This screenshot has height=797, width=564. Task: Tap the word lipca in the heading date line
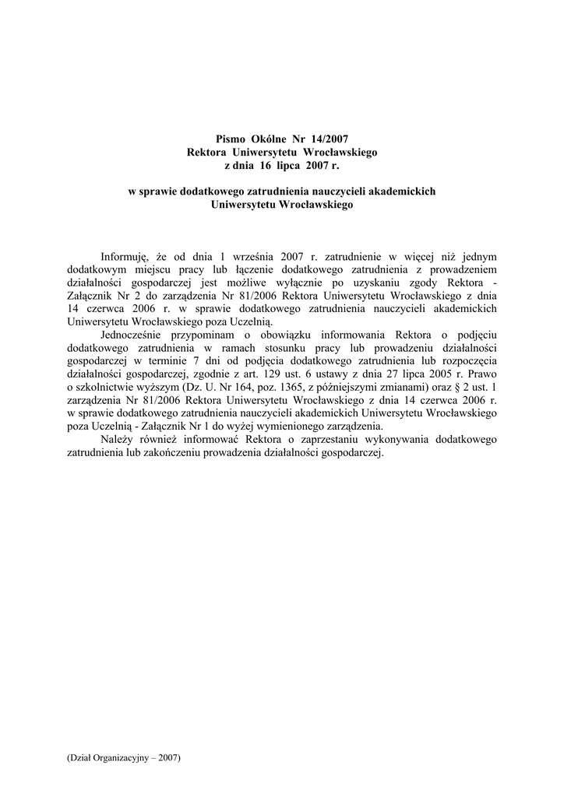[289, 166]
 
